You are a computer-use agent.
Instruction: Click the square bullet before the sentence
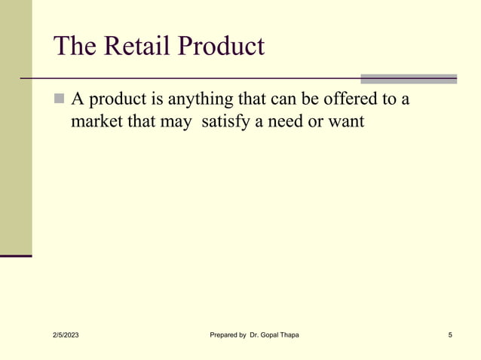60,99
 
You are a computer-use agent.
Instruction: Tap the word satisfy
230,121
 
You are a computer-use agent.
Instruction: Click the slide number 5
449,334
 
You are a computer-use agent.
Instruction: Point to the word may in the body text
176,121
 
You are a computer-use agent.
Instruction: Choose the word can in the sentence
283,99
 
